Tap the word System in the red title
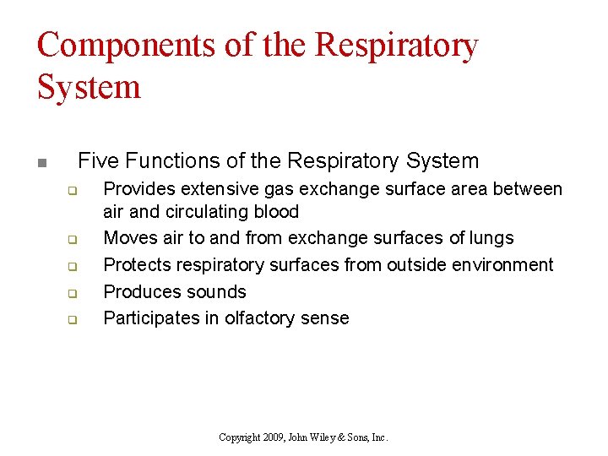tap(89, 86)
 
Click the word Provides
tap(138, 189)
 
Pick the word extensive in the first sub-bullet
tap(216, 189)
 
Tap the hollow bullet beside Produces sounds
tap(72, 294)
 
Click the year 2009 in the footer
tap(272, 437)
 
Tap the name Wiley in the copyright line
tap(330, 437)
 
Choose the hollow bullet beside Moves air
tap(72, 240)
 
